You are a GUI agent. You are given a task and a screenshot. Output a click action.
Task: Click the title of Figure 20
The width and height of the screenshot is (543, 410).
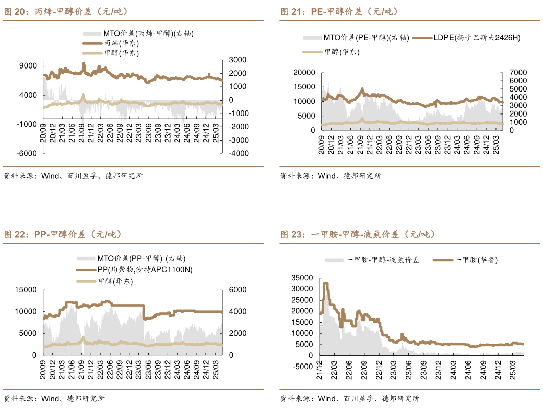pos(66,12)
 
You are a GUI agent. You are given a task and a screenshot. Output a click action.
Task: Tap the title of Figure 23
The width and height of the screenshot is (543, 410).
pos(357,235)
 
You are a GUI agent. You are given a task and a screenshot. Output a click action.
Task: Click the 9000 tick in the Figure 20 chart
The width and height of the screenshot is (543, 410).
pos(28,66)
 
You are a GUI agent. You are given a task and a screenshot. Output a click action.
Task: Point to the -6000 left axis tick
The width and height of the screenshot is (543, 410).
pos(27,153)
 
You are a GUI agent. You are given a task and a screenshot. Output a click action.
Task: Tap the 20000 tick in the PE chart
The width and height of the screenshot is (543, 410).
pos(304,73)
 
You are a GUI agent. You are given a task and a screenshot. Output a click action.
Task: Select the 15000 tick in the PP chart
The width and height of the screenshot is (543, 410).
pos(26,290)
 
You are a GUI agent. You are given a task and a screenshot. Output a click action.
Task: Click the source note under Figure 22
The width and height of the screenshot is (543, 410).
pos(54,399)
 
